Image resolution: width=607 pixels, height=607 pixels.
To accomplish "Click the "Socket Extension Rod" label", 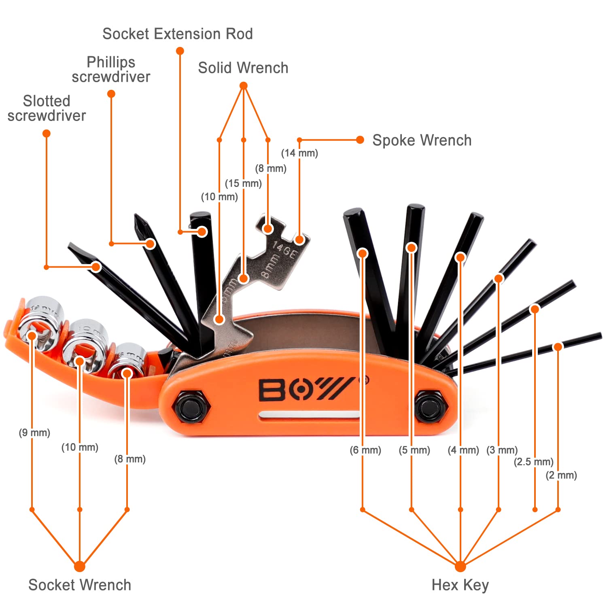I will (177, 34).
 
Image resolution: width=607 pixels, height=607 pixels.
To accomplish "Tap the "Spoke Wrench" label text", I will (422, 140).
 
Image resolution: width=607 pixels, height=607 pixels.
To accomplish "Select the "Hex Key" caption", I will (460, 585).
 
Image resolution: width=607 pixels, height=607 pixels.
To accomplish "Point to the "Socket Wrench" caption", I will (80, 585).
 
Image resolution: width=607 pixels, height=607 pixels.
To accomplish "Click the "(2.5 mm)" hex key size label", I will (533, 462).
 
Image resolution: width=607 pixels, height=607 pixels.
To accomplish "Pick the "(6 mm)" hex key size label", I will (365, 450).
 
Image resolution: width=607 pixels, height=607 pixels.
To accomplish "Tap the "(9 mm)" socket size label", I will (34, 433).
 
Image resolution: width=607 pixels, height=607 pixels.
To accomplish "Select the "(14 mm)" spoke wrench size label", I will (299, 153).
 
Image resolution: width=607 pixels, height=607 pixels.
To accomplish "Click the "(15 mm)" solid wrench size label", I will (243, 183).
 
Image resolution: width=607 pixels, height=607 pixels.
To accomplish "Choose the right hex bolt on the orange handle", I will (431, 406).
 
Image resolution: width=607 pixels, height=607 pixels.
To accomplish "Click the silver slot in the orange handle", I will (310, 415).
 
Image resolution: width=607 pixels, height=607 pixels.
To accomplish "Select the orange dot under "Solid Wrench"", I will (243, 86).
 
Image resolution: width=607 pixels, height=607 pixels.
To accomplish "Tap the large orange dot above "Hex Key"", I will (460, 566).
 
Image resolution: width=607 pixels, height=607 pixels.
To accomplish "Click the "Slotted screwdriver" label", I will (47, 108).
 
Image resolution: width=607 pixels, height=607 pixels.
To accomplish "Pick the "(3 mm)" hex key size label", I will (502, 450).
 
